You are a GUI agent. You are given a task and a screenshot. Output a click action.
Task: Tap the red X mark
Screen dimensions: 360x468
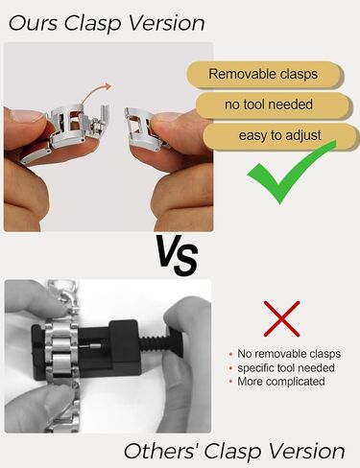(281, 318)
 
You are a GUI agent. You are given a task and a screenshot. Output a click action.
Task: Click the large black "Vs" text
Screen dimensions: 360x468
(177, 255)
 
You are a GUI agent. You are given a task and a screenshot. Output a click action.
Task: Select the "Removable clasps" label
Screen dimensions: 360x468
(263, 74)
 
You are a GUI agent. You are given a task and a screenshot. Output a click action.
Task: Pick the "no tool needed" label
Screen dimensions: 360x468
(269, 105)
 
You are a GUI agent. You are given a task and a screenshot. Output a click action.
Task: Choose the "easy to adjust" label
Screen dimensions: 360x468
(279, 135)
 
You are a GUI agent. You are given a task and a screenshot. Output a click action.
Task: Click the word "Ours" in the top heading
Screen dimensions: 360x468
(33, 23)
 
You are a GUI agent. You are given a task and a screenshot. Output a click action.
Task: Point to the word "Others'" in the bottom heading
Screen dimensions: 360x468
(161, 452)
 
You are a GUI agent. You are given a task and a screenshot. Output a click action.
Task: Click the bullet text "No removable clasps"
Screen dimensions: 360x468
(289, 354)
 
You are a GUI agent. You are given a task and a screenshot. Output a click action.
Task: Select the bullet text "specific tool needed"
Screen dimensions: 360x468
(286, 368)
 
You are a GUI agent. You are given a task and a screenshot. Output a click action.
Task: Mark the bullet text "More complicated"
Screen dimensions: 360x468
(281, 382)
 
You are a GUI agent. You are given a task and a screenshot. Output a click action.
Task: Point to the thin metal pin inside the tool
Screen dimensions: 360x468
(92, 345)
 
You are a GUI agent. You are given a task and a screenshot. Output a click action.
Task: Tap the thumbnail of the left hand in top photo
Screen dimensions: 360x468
(27, 116)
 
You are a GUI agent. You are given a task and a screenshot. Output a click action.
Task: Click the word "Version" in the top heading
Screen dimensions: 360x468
(167, 23)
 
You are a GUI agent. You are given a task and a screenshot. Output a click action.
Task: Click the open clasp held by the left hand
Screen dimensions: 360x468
(75, 127)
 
